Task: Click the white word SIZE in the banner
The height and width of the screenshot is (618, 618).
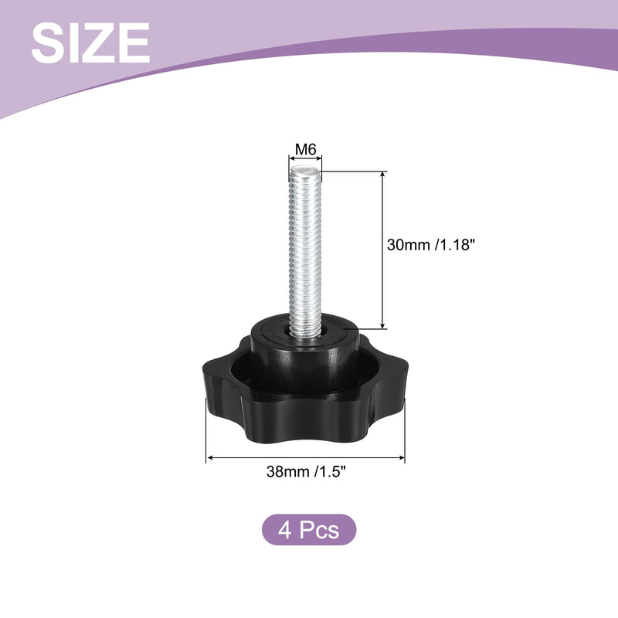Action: click(x=90, y=42)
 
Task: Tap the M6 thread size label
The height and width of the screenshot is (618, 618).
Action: click(x=306, y=149)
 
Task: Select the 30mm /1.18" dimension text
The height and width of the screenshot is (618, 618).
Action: click(x=430, y=245)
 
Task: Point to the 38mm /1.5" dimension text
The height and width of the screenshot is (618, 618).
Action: click(x=306, y=471)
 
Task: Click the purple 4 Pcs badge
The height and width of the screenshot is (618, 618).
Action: click(x=309, y=529)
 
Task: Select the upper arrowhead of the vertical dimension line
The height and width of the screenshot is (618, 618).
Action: click(x=382, y=175)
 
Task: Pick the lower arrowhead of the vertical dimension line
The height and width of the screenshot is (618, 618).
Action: click(x=382, y=324)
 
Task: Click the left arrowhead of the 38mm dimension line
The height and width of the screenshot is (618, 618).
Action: click(x=210, y=457)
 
